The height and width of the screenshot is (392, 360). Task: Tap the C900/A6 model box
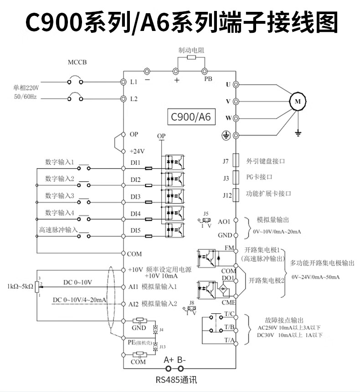[190, 117]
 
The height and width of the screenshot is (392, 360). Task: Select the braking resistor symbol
[190, 58]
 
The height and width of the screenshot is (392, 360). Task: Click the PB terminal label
[208, 79]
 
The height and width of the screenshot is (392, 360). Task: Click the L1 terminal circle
[123, 82]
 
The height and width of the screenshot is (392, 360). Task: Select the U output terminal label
[229, 85]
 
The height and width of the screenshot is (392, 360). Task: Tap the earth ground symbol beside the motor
[298, 132]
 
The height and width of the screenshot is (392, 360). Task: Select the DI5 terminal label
[135, 230]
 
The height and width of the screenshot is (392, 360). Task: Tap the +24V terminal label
[137, 151]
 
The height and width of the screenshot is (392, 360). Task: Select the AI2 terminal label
[134, 304]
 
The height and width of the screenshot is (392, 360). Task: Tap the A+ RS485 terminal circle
[169, 368]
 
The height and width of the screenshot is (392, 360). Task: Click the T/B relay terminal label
[229, 326]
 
